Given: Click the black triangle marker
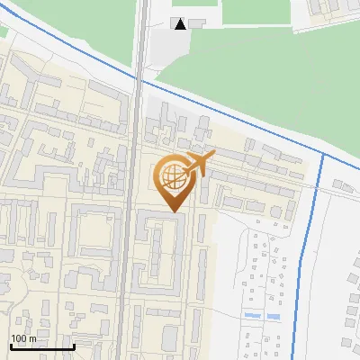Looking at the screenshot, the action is click(182, 24).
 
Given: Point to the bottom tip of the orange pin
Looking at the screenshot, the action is click(173, 211).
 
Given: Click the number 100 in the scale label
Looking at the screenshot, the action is click(20, 338).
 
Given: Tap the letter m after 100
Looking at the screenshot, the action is click(33, 338).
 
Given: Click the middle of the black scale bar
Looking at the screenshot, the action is click(41, 346).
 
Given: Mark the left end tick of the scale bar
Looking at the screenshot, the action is click(10, 346).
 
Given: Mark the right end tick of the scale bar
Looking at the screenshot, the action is click(73, 346).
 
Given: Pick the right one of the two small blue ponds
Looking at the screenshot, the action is click(274, 317).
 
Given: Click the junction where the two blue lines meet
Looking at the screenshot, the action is click(322, 155).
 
